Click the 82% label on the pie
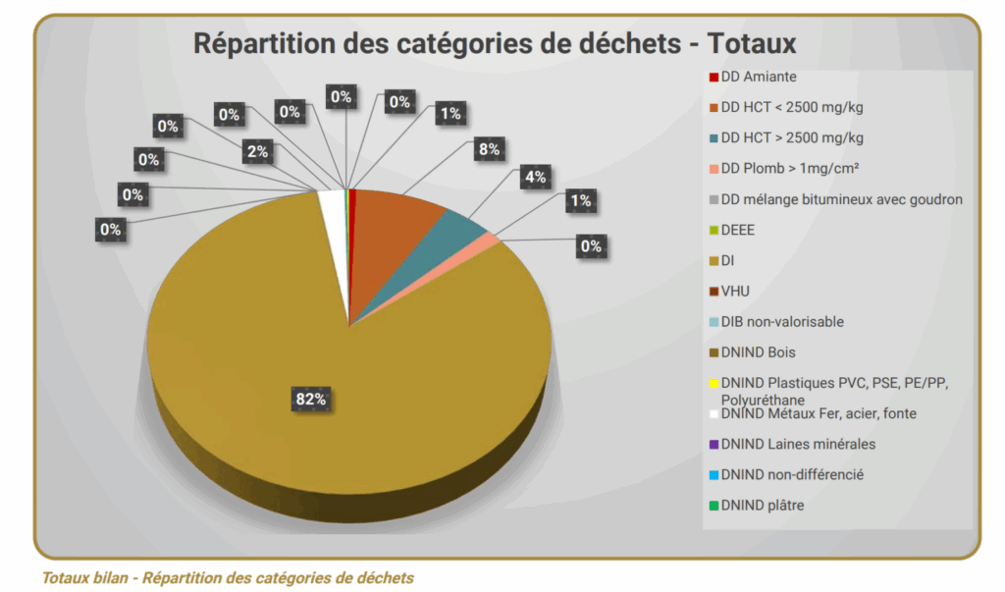(311, 399)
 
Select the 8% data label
(489, 149)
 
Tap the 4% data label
(535, 177)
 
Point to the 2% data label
(258, 150)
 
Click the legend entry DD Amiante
(758, 77)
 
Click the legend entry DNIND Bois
(758, 352)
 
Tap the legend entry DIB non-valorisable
(781, 322)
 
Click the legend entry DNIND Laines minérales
(797, 445)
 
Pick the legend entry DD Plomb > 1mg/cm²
(790, 169)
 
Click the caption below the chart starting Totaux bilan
(228, 577)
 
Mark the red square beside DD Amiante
(714, 77)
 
